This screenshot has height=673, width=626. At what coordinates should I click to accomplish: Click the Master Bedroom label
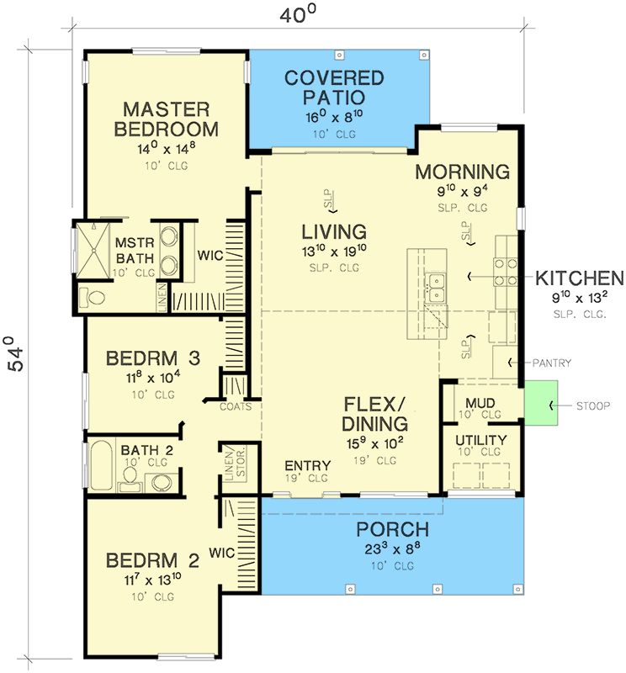click(x=166, y=119)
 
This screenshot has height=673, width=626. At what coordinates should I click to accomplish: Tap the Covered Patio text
click(x=334, y=87)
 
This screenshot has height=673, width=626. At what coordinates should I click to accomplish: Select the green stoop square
click(x=541, y=403)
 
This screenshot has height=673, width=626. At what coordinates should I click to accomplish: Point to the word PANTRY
click(x=552, y=363)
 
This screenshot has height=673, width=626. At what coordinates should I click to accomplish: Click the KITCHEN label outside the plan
click(x=580, y=278)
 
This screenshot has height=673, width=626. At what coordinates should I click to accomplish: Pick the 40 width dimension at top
click(x=298, y=15)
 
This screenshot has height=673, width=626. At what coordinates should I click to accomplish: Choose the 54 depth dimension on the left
click(x=16, y=353)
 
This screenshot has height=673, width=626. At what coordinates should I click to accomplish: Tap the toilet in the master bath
click(x=93, y=298)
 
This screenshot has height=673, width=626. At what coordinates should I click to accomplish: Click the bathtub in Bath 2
click(x=101, y=465)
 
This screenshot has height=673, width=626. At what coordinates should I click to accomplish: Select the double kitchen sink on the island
click(x=435, y=288)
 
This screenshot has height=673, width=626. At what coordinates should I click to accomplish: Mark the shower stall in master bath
click(x=93, y=250)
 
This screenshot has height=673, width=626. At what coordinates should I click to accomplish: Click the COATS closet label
click(x=236, y=406)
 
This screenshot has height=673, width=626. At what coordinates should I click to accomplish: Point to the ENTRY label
click(x=307, y=465)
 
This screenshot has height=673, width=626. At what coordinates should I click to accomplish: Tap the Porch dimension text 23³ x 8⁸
click(x=393, y=548)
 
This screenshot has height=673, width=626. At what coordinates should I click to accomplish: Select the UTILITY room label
click(x=481, y=440)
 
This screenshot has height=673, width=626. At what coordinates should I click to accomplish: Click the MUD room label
click(x=480, y=404)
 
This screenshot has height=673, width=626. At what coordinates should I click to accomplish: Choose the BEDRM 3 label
click(x=153, y=358)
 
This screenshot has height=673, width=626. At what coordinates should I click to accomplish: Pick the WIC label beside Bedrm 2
click(x=221, y=553)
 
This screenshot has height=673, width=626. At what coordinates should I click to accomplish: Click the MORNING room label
click(x=463, y=172)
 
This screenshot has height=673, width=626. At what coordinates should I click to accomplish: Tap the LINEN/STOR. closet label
click(x=235, y=464)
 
